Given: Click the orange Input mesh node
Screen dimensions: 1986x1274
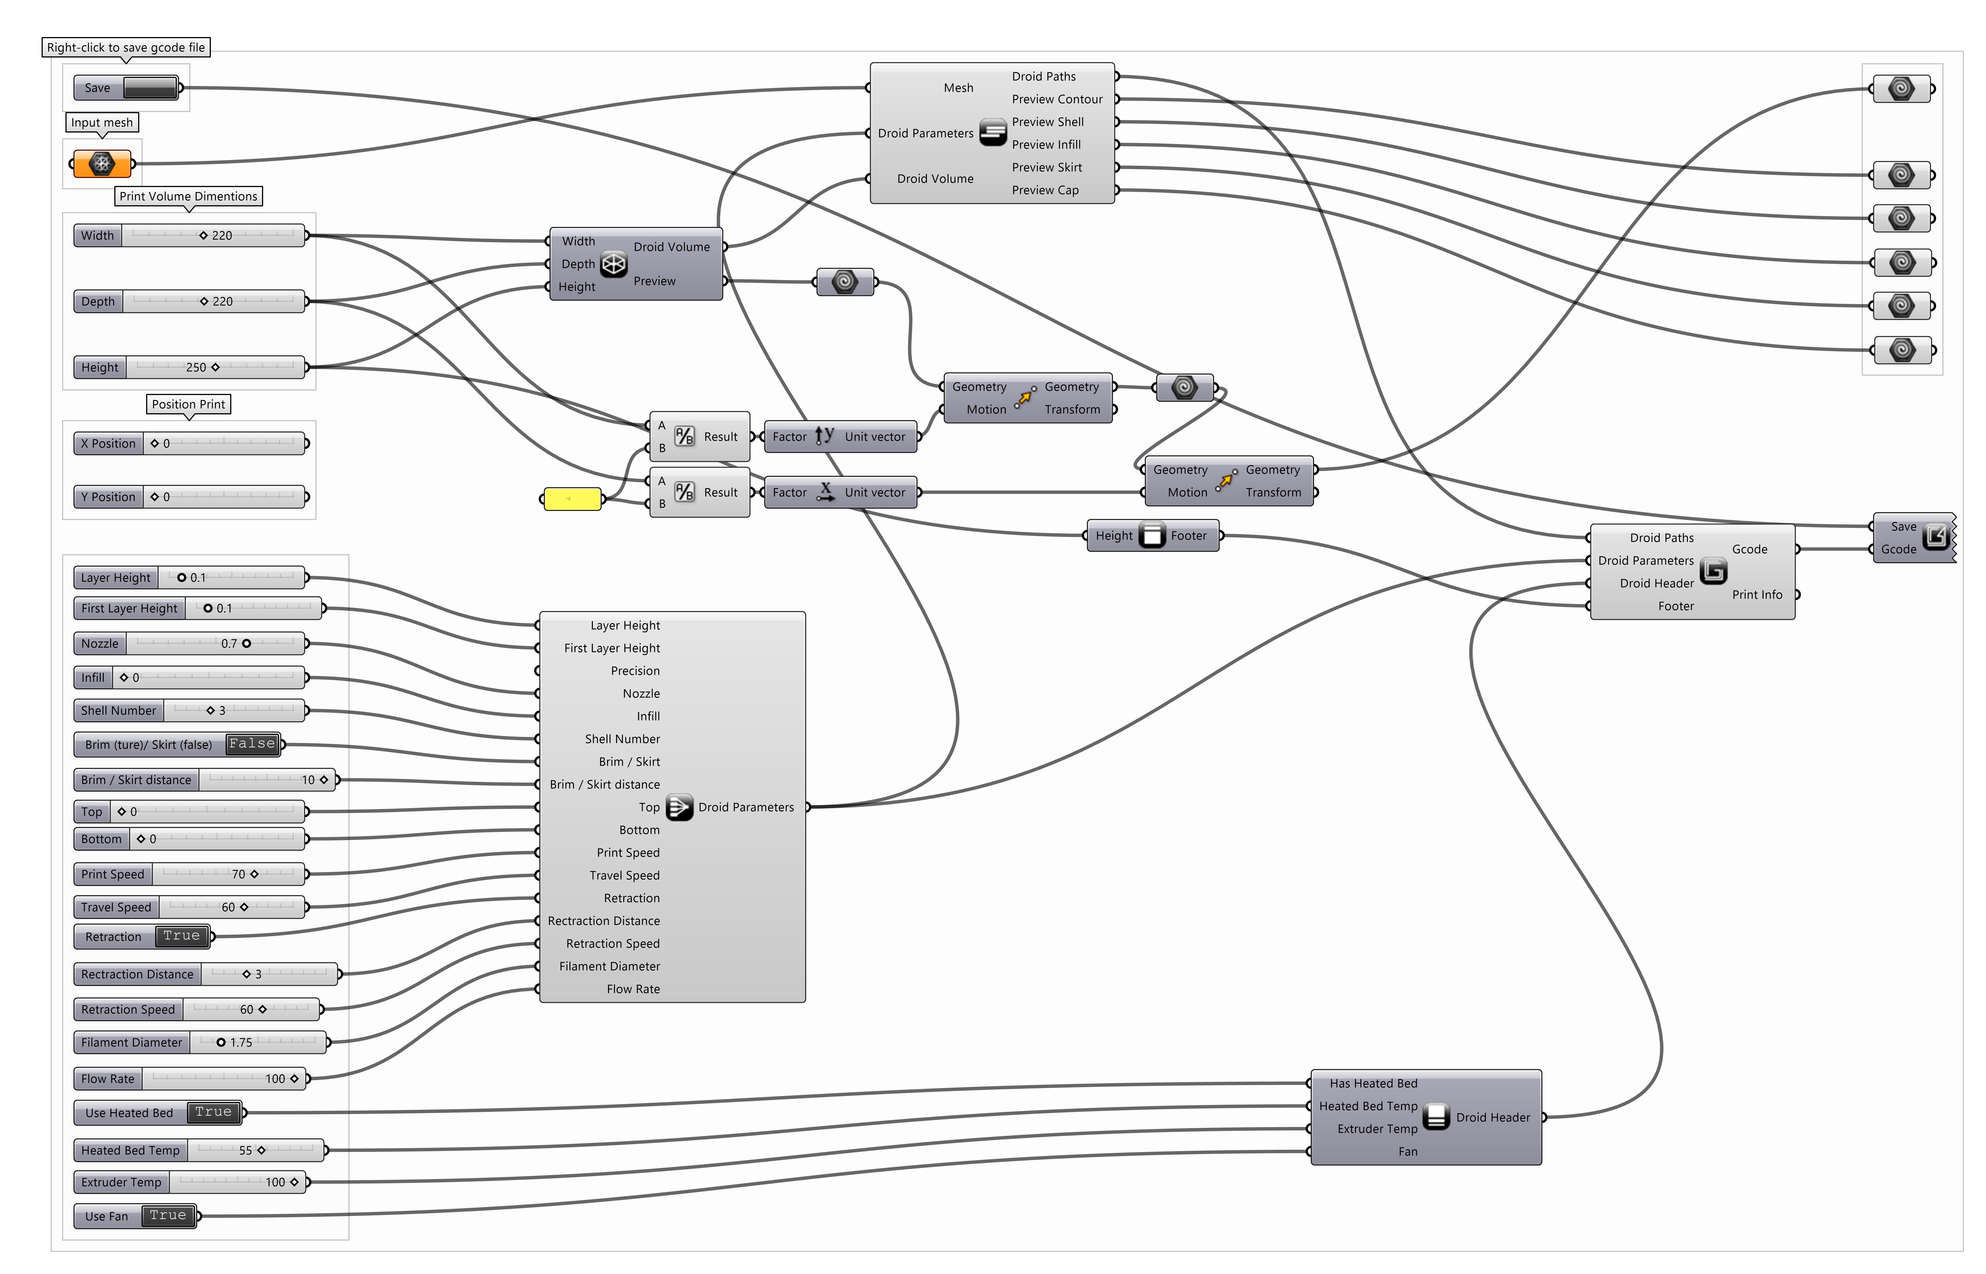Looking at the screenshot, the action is coord(102,164).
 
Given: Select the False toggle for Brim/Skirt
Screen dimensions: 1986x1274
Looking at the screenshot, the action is coord(252,744).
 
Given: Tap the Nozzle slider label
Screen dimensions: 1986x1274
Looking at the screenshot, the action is coord(100,644).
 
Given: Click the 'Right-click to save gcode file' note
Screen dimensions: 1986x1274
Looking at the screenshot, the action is coord(126,47).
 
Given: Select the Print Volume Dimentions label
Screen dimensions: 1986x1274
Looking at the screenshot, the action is coord(189,196).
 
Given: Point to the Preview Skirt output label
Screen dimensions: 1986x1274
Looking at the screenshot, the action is coord(1047,167).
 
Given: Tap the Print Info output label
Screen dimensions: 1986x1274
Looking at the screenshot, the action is coord(1757,595).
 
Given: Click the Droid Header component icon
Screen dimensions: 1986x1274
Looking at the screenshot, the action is coord(1436,1117).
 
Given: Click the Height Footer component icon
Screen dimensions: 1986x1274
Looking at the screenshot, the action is coord(1152,535).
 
